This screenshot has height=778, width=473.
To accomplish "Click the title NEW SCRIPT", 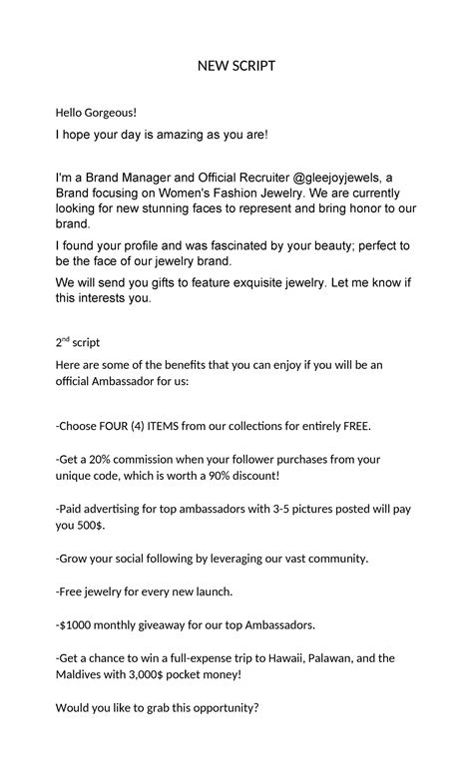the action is point(236,66).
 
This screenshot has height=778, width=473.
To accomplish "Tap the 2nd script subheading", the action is point(78,342).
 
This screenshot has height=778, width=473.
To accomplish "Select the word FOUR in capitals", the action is point(114,426).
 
